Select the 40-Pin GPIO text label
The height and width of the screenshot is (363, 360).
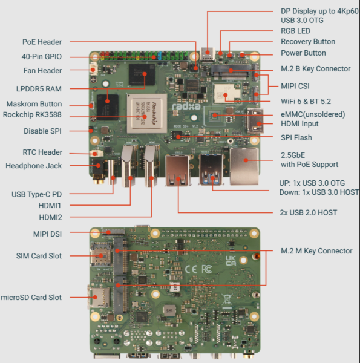click(x=41, y=56)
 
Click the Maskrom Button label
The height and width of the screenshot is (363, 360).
click(x=34, y=104)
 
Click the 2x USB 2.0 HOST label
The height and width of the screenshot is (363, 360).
click(x=309, y=212)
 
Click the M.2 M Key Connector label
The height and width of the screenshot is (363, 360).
click(x=316, y=250)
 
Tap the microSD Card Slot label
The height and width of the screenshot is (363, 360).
click(x=31, y=297)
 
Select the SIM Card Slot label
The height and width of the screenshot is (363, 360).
click(x=39, y=256)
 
